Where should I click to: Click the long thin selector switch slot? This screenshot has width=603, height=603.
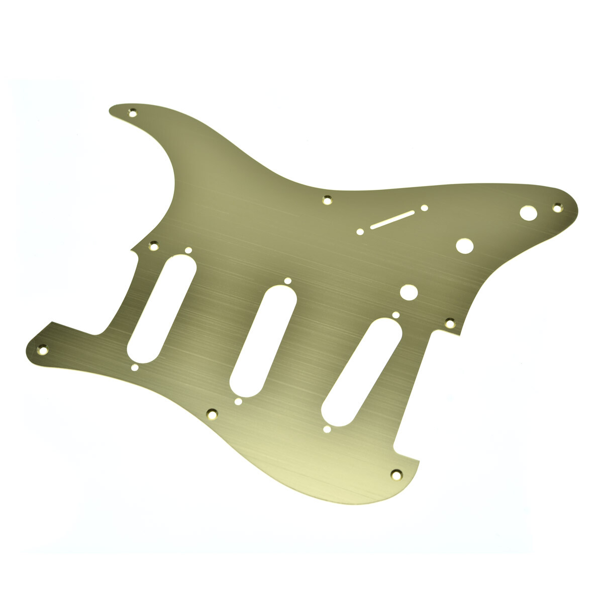coord(392,220)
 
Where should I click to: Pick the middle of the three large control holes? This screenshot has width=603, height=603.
coord(464,246)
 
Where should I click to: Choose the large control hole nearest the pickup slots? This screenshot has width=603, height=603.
coord(409,292)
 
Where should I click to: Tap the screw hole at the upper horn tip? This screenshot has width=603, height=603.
coord(133,113)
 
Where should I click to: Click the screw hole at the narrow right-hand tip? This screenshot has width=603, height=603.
coord(557,207)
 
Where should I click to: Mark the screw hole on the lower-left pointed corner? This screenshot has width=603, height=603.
coord(43,348)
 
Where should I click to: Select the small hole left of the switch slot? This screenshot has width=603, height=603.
coord(360,232)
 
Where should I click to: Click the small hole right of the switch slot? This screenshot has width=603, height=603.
coord(425,208)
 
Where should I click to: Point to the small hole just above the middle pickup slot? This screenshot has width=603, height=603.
coord(287,281)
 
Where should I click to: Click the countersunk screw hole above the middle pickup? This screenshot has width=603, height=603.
coord(327,200)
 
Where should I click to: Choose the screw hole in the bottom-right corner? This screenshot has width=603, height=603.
coord(396,473)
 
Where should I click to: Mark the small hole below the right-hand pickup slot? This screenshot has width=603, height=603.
coord(327,429)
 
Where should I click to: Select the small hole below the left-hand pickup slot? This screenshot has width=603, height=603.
coord(135,368)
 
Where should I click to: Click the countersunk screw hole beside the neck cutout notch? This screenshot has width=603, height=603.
coord(153,246)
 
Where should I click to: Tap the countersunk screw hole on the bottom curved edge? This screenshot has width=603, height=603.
coord(212,414)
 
